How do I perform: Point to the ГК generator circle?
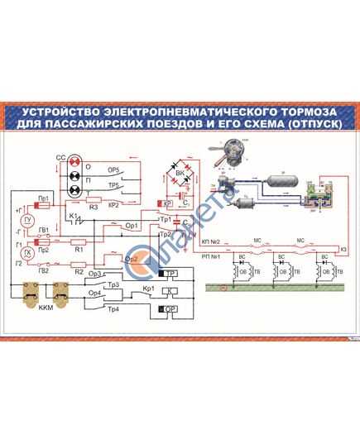27,252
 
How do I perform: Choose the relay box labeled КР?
166,203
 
